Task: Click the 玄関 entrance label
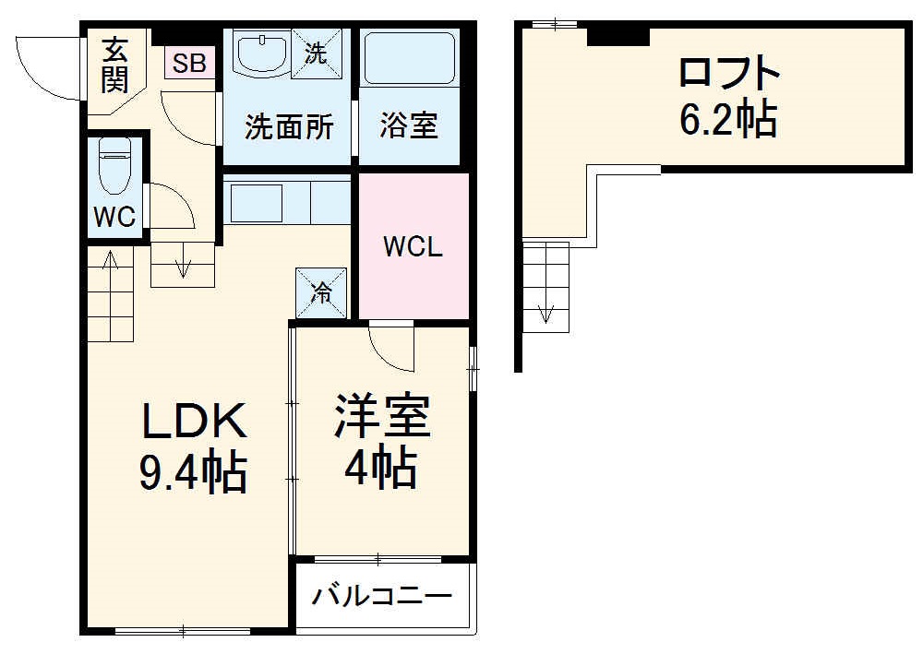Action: pos(114,65)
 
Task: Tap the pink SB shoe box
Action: pos(190,63)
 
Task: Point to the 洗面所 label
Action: pos(288,127)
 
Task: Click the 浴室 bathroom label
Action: pos(408,127)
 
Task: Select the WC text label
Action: pos(115,218)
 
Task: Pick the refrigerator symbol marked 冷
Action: pos(322,292)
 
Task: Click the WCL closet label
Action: pos(414,247)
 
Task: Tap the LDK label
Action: pos(194,422)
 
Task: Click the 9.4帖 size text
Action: pos(193,472)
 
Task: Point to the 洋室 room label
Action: pos(381,416)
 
